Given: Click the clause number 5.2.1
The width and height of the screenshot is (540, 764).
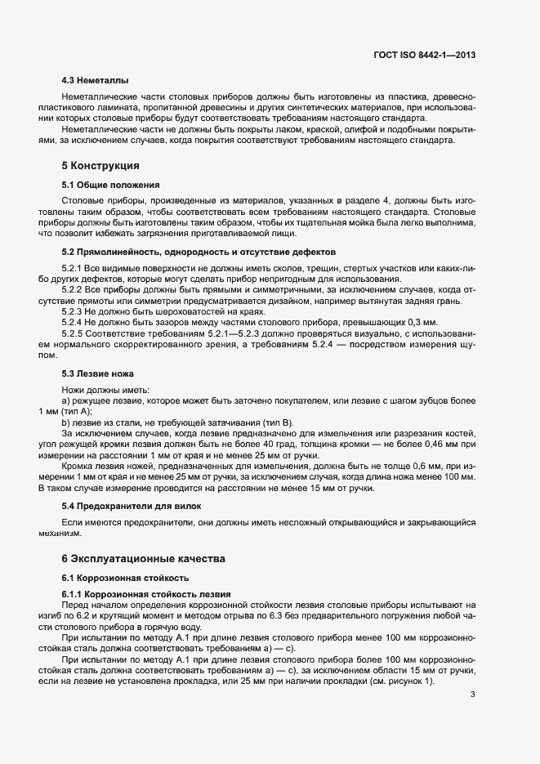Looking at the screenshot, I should click(75, 268).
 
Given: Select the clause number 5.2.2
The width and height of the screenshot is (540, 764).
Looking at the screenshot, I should click(75, 290).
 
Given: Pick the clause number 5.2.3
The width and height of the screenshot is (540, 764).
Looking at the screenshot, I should click(75, 312).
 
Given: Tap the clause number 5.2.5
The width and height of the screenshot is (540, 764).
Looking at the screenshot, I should click(75, 334).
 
